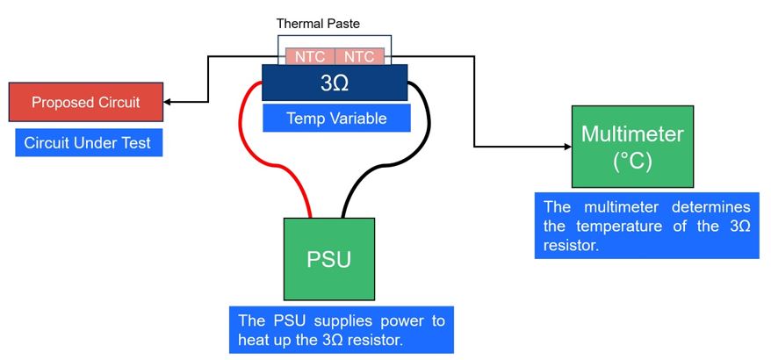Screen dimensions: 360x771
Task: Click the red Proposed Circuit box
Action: point(85,103)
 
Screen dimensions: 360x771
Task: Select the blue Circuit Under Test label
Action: point(88,141)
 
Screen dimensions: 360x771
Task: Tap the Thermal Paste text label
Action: point(318,24)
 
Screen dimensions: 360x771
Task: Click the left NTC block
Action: point(309,57)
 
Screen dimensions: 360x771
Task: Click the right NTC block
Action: point(359,57)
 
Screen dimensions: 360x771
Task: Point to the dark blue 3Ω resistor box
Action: point(335,83)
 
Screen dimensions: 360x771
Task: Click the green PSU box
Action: point(328,259)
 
